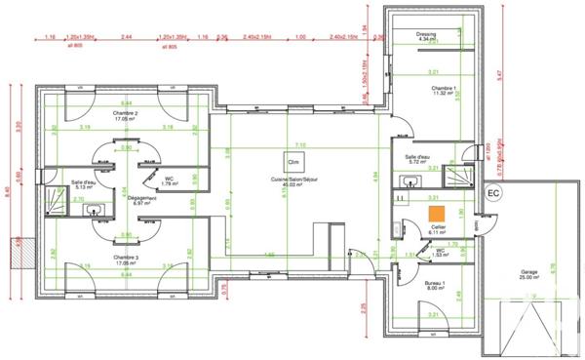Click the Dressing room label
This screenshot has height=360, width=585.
[x=425, y=34]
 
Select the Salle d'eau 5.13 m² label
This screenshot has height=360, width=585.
[x=83, y=185]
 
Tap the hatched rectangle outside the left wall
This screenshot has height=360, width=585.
[x=16, y=251]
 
